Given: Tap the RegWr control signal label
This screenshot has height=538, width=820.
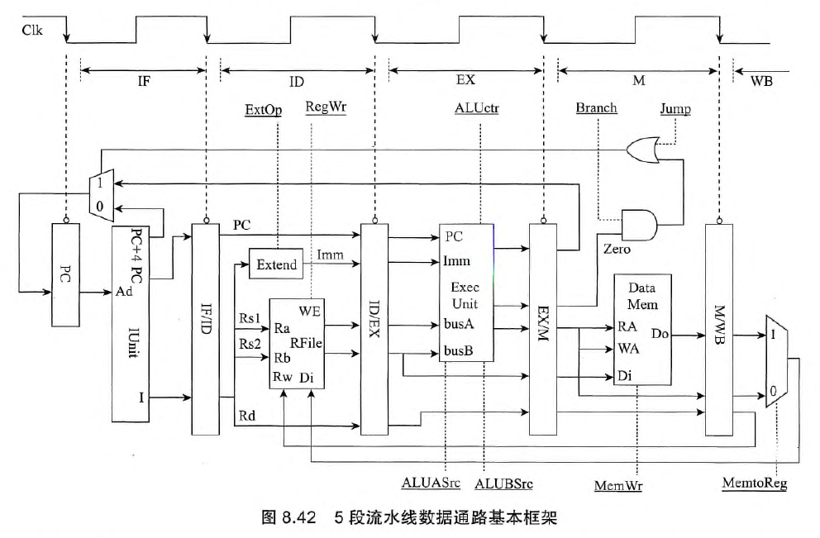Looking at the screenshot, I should click(326, 107).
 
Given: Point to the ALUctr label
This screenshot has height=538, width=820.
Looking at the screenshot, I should click(477, 108).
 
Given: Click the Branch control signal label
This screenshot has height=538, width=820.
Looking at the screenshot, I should click(597, 108).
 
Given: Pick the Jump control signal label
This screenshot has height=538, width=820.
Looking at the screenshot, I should click(675, 108).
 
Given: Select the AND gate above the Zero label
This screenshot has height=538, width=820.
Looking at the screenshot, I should click(638, 223).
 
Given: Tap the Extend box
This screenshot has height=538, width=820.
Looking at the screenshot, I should click(276, 265).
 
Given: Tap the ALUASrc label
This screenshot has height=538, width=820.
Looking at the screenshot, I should click(431, 482).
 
